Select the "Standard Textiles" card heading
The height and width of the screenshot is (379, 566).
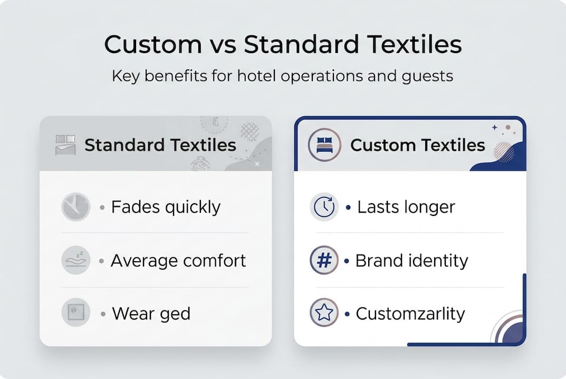[x=160, y=145]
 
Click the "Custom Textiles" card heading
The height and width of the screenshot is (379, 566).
[x=417, y=145]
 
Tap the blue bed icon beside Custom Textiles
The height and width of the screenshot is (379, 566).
[x=324, y=145]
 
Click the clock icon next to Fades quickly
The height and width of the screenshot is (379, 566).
[x=75, y=206]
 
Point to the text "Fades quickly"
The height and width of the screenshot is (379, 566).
[x=166, y=207]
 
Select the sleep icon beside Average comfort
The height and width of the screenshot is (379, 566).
[x=75, y=261]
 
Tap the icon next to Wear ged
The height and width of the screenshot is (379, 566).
[x=75, y=314]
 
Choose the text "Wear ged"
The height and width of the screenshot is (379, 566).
[x=151, y=314]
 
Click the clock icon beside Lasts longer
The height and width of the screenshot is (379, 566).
[x=324, y=207]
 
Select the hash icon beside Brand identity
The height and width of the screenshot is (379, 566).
[x=323, y=261]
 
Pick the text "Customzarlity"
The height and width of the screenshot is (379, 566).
[x=410, y=314]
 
